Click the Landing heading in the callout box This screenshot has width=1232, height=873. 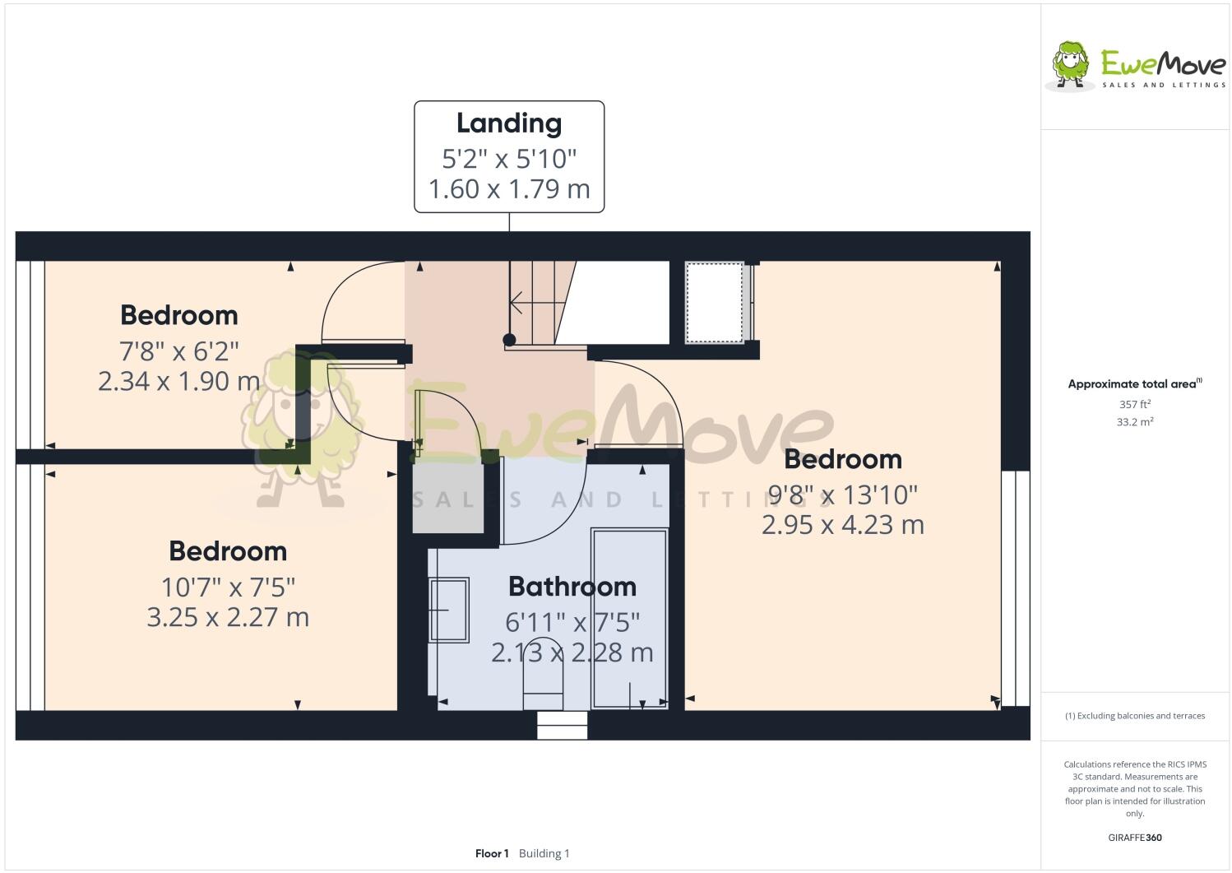(x=509, y=123)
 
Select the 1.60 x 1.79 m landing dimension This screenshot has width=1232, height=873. (x=509, y=189)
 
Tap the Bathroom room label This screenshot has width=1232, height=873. (x=572, y=587)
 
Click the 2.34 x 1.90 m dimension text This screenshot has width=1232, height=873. (x=179, y=382)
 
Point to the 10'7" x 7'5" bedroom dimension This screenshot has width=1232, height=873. (x=228, y=587)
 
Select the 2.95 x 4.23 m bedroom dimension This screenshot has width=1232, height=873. (x=842, y=525)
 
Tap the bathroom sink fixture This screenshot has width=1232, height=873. (x=449, y=610)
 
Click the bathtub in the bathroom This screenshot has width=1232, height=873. (x=630, y=617)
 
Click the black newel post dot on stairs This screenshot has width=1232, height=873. (x=509, y=340)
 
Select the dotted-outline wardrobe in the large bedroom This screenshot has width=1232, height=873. (x=714, y=302)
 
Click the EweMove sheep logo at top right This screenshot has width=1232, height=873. (x=1072, y=63)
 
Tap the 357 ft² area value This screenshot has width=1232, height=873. (x=1135, y=404)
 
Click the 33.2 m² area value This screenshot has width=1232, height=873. (x=1135, y=422)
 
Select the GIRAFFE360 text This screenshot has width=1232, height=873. (x=1135, y=838)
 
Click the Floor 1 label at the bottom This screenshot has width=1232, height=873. (x=492, y=853)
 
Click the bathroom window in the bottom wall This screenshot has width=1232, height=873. (x=563, y=725)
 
